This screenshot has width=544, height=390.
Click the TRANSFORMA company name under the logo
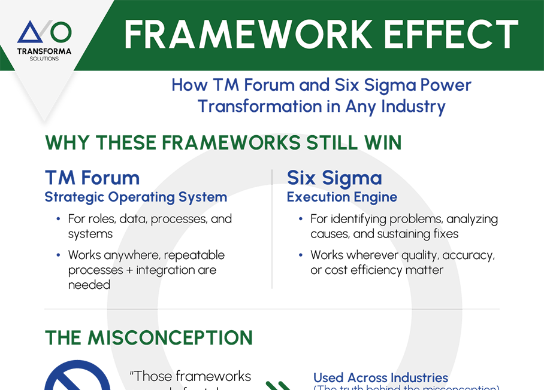pos(44,51)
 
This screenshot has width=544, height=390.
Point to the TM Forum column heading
pos(92,178)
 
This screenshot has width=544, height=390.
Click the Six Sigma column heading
pos(334,178)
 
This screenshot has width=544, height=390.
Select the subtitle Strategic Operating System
pos(135,197)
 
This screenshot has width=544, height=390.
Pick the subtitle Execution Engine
pos(341,197)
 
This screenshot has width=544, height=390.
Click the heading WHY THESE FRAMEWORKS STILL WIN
pos(223,144)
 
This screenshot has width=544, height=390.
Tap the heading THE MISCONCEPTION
pos(149,338)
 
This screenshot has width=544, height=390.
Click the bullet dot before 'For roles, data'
pos(58,220)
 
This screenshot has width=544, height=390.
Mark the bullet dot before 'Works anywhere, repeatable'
pos(58,255)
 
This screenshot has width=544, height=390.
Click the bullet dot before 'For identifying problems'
pos(300,220)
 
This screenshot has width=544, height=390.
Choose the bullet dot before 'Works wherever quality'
pos(300,255)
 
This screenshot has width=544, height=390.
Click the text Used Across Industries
pos(380,377)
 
